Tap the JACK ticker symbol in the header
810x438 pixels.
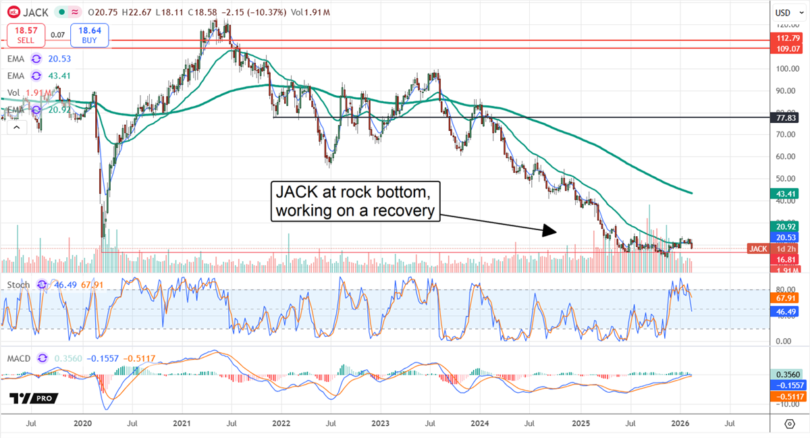[x=36, y=11]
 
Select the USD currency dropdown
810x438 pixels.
[x=783, y=12]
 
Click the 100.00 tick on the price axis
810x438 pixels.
[x=784, y=68]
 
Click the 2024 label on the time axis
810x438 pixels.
[x=480, y=423]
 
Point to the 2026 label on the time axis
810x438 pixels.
[x=679, y=423]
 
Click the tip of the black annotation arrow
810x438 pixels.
[x=556, y=232]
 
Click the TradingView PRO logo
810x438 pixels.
[x=34, y=398]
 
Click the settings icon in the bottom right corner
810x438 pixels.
[x=789, y=423]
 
